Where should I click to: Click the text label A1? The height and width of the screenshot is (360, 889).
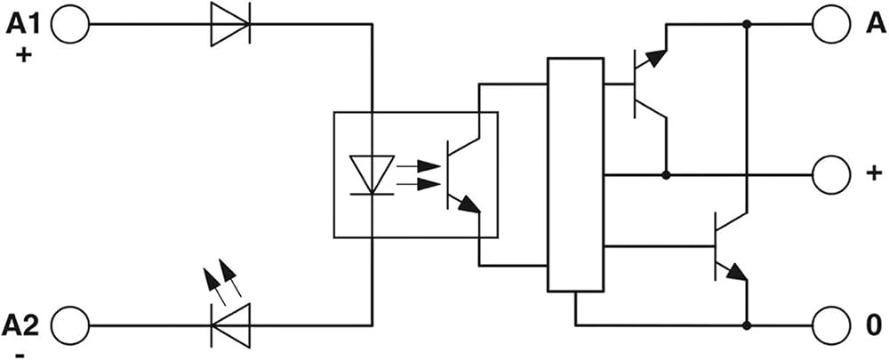(x=24, y=23)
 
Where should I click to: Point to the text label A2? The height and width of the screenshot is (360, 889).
(x=21, y=326)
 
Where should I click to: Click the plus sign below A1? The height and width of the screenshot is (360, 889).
(x=23, y=56)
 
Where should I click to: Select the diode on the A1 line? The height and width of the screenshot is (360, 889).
(x=229, y=24)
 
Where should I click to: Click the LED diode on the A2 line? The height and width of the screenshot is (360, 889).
(x=229, y=326)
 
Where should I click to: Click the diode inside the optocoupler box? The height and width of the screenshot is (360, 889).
(x=372, y=175)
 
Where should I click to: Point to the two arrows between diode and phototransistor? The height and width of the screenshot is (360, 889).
(x=419, y=175)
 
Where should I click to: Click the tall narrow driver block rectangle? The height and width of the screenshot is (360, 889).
(x=575, y=174)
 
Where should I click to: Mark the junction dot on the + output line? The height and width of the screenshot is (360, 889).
(x=666, y=175)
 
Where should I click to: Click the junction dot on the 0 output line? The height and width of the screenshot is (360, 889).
(x=748, y=326)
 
